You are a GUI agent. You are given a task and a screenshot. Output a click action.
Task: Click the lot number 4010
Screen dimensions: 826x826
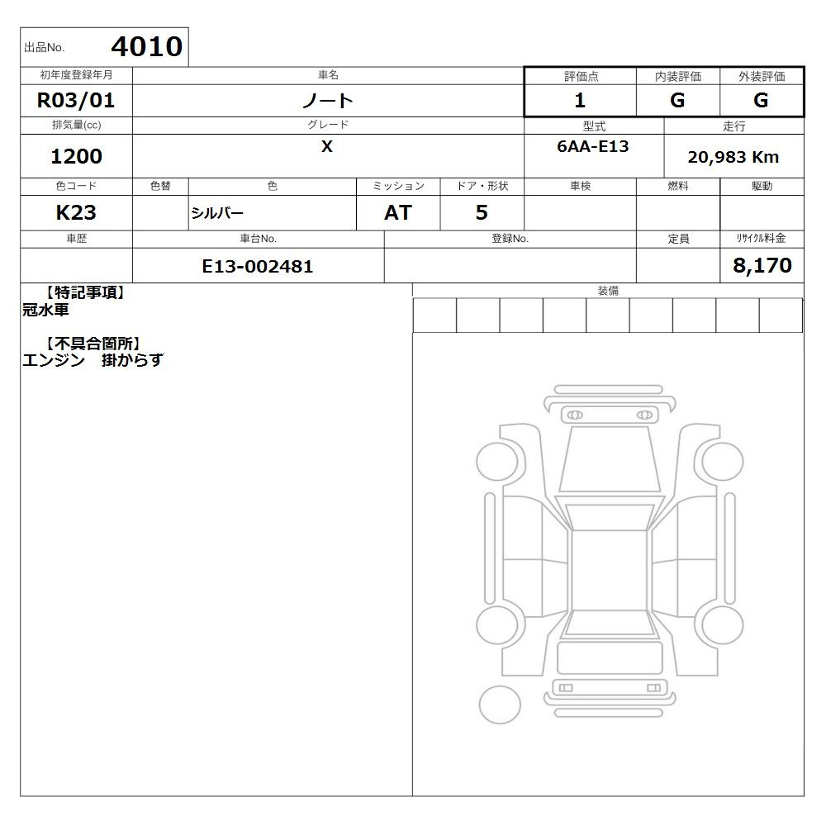point(147,46)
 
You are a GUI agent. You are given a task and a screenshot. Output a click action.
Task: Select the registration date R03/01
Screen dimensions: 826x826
point(76,100)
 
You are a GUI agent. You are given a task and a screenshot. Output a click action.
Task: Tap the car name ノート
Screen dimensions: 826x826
point(328,100)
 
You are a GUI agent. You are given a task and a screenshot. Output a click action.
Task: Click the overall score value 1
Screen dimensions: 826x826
point(580,100)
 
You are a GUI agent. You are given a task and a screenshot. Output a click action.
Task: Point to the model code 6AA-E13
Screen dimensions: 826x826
point(592,146)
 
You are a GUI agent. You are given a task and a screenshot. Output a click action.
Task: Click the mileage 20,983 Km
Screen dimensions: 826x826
point(733,157)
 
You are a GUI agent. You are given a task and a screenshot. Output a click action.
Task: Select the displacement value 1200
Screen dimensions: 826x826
point(76,156)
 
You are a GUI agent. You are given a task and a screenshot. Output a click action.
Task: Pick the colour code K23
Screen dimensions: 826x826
point(76,212)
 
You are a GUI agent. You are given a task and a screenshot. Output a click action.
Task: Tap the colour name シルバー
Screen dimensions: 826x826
point(217,213)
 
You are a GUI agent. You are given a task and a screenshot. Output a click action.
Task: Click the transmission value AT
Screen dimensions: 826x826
point(398,212)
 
